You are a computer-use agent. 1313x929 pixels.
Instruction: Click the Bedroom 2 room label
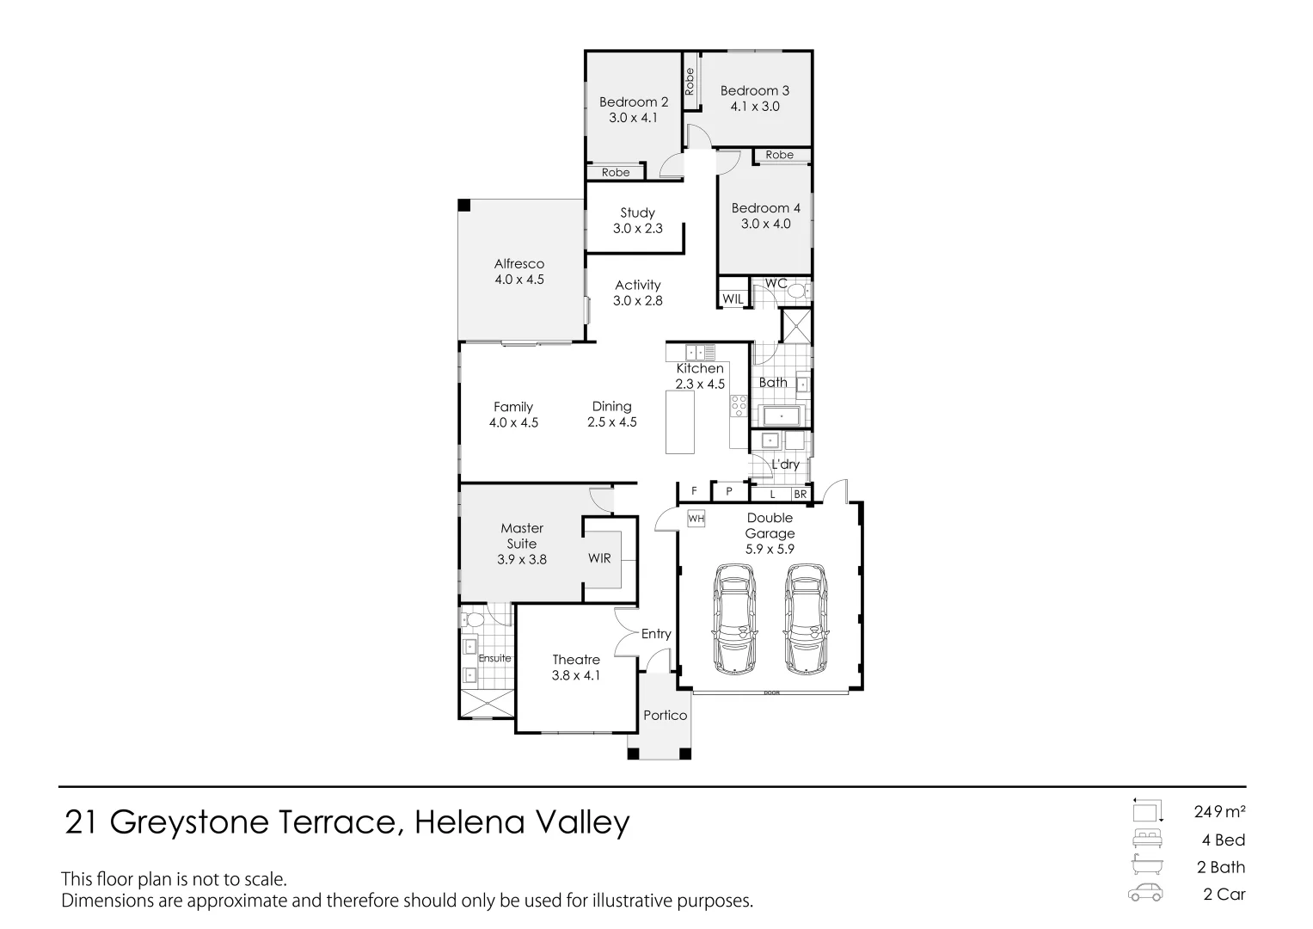(x=633, y=102)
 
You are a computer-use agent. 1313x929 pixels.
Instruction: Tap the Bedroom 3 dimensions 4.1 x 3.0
(x=755, y=107)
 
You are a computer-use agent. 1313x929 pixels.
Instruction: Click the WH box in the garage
(x=696, y=519)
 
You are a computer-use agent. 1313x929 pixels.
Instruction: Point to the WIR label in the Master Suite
(x=599, y=558)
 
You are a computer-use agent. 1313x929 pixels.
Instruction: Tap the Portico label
(x=665, y=715)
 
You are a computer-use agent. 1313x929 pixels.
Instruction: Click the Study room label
(x=637, y=212)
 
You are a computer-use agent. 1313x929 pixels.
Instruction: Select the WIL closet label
(x=733, y=298)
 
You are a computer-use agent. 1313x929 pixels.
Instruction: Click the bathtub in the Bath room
(x=781, y=417)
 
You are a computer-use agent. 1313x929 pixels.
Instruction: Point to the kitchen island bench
(x=680, y=422)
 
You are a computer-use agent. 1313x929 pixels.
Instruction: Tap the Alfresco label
(x=518, y=264)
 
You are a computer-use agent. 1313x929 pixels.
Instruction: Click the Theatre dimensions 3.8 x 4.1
(x=576, y=675)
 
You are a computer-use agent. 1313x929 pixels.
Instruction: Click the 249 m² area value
(x=1219, y=810)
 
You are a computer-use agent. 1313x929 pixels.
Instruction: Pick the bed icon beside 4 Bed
(x=1147, y=840)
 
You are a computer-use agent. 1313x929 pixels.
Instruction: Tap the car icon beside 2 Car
(x=1146, y=894)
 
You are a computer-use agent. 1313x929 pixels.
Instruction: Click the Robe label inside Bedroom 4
(x=779, y=155)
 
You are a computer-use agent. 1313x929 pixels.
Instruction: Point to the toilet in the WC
(x=797, y=292)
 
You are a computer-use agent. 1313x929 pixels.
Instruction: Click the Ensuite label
(x=494, y=658)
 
